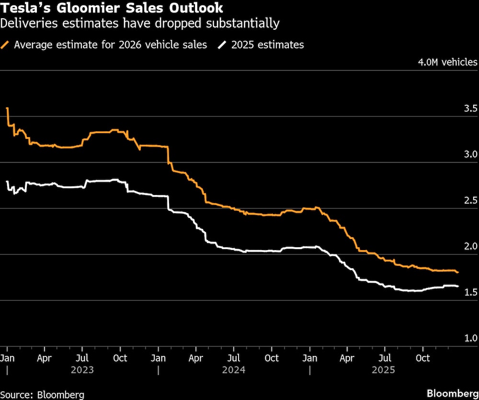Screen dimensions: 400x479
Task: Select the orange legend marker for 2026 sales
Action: click(x=6, y=45)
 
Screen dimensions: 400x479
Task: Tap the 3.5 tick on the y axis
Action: click(x=470, y=108)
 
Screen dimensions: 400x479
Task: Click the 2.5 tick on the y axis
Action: click(x=470, y=200)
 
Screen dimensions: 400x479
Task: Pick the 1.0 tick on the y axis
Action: click(x=470, y=338)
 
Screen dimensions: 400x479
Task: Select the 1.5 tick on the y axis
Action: click(x=470, y=292)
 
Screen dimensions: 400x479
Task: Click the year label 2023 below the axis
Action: click(x=82, y=370)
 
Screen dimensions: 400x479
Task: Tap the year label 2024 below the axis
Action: click(x=234, y=370)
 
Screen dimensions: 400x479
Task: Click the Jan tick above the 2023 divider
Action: click(x=7, y=358)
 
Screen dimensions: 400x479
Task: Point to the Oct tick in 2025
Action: click(x=422, y=358)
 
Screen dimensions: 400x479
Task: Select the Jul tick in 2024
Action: click(x=233, y=358)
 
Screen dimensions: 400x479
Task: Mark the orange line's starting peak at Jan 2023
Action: click(x=7, y=109)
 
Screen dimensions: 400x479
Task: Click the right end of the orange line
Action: click(x=457, y=272)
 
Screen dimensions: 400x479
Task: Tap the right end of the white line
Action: click(x=457, y=286)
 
